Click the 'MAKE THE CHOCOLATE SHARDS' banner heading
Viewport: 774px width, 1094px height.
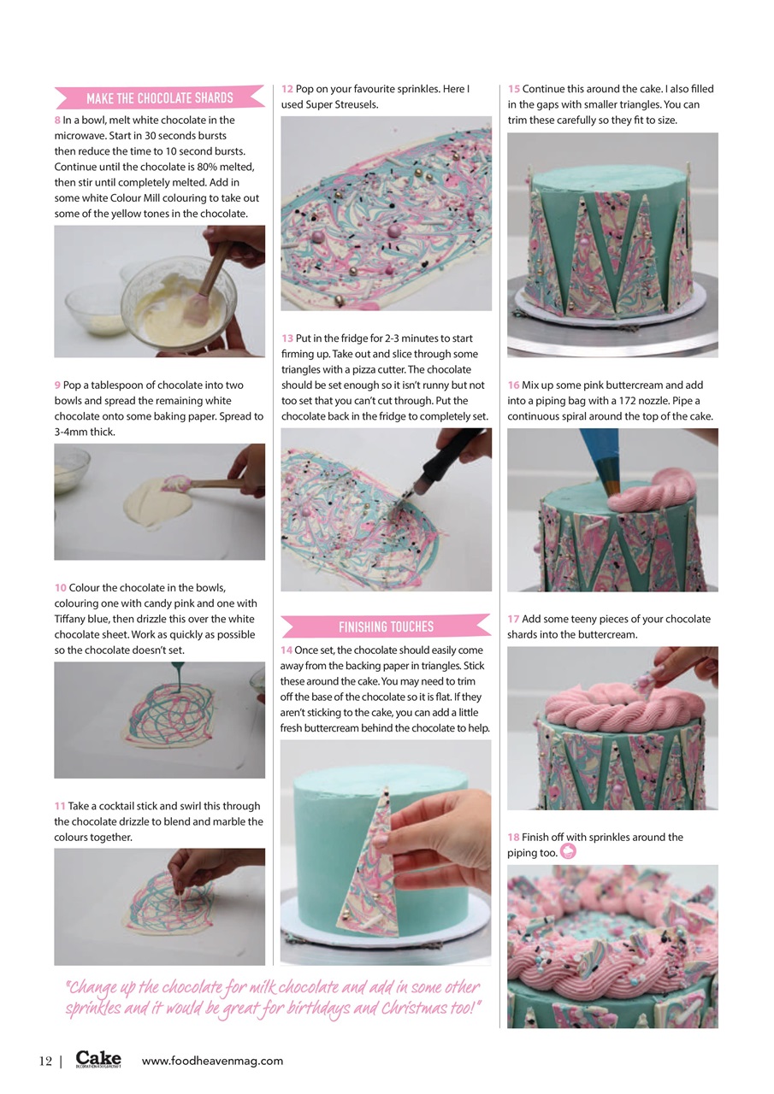click(159, 97)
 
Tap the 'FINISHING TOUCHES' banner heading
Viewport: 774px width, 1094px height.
click(386, 626)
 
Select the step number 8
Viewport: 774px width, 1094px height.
click(57, 121)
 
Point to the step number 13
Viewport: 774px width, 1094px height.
click(287, 338)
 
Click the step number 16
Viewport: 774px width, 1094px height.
click(513, 385)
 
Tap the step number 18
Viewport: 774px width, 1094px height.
click(513, 838)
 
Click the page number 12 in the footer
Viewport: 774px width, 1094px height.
click(45, 1061)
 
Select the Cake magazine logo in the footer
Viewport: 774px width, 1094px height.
click(98, 1060)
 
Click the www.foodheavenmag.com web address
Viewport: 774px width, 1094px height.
click(212, 1061)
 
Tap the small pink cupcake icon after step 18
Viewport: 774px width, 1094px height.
click(568, 852)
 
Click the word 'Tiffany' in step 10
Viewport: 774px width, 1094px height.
click(71, 619)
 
